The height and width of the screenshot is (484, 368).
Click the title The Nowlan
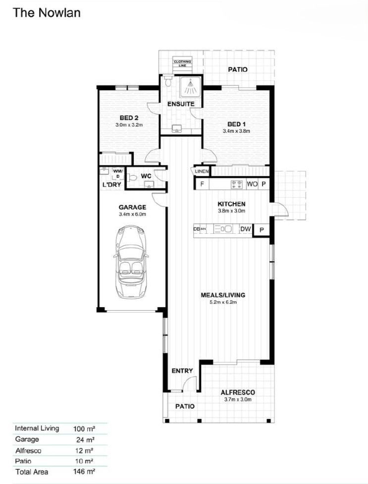coord(47,13)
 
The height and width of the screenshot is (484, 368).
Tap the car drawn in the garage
coord(131,262)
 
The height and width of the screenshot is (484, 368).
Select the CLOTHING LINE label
coord(182,63)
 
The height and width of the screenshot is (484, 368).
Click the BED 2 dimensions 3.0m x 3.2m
coord(129,125)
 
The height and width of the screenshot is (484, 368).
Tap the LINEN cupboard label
coord(202,171)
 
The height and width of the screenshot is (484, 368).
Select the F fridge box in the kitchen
coord(202,184)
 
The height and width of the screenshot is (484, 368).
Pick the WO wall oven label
coord(252,184)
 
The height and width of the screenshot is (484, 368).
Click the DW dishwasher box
coord(245,229)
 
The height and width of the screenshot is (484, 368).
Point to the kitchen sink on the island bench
coord(226,229)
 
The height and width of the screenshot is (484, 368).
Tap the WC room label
coord(146,176)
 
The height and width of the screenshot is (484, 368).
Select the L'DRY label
coord(111,185)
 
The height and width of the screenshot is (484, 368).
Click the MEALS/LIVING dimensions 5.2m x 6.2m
coord(223,302)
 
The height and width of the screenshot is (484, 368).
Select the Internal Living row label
coord(37,428)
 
